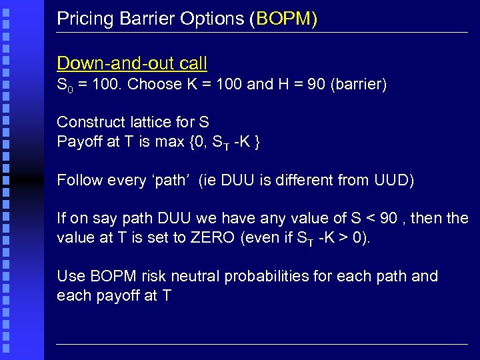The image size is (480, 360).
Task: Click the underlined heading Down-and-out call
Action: (132, 63)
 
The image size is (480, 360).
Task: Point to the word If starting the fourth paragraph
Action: (61, 219)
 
